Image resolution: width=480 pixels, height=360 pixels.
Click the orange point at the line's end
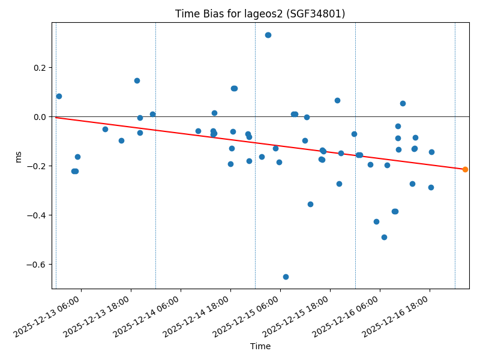pos(465,169)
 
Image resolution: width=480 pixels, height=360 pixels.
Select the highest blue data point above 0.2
pos(268,35)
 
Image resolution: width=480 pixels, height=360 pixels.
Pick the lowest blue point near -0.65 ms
pos(286,277)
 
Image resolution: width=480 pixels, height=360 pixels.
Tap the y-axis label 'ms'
pos(18,157)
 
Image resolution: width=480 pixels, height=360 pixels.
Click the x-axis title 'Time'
pos(260,346)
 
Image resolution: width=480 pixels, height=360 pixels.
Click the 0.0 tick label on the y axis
pos(40,117)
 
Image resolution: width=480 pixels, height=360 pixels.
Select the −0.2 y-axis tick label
pos(37,166)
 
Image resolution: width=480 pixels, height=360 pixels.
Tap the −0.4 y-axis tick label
pos(37,215)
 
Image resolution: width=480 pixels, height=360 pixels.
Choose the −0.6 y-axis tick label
pos(37,265)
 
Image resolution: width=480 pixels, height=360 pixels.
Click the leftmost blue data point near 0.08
pos(59,96)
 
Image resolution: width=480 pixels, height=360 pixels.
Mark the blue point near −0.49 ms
pos(384,237)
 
